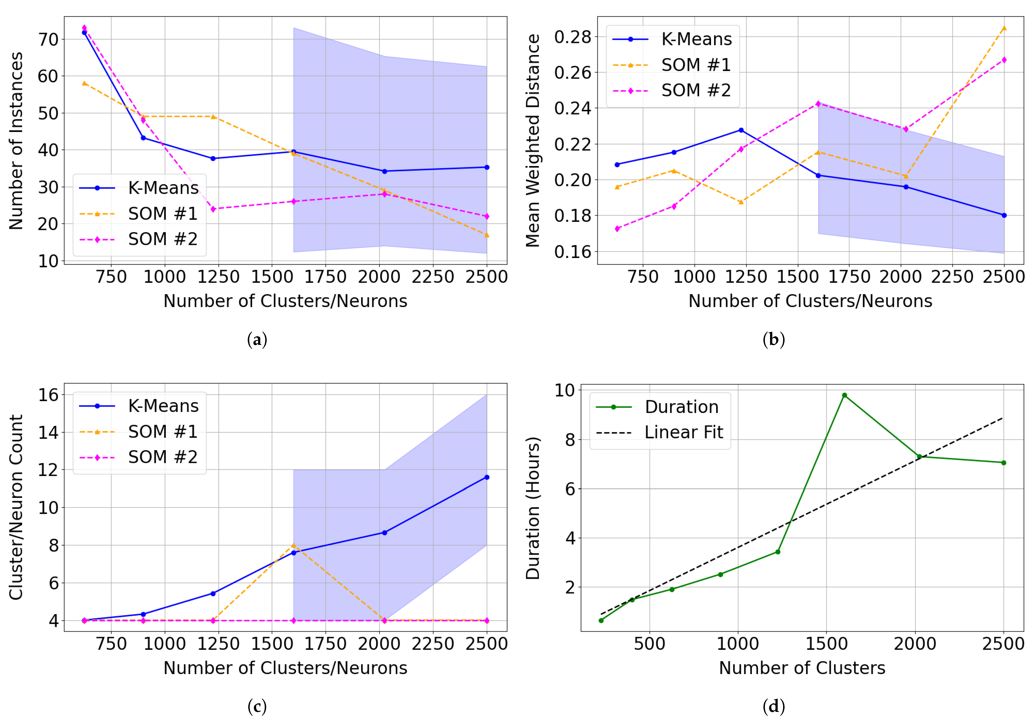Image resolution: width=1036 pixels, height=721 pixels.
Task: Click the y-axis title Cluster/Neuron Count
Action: click(x=16, y=507)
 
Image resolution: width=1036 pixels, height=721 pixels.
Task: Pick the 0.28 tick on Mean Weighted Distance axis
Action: click(x=572, y=37)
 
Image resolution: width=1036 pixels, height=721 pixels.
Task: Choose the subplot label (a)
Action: click(x=257, y=339)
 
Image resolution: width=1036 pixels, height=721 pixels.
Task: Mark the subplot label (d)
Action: click(x=773, y=706)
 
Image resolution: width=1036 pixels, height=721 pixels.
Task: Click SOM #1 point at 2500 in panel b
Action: click(x=1004, y=28)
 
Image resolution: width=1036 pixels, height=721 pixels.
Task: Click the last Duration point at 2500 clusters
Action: click(x=1004, y=463)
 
